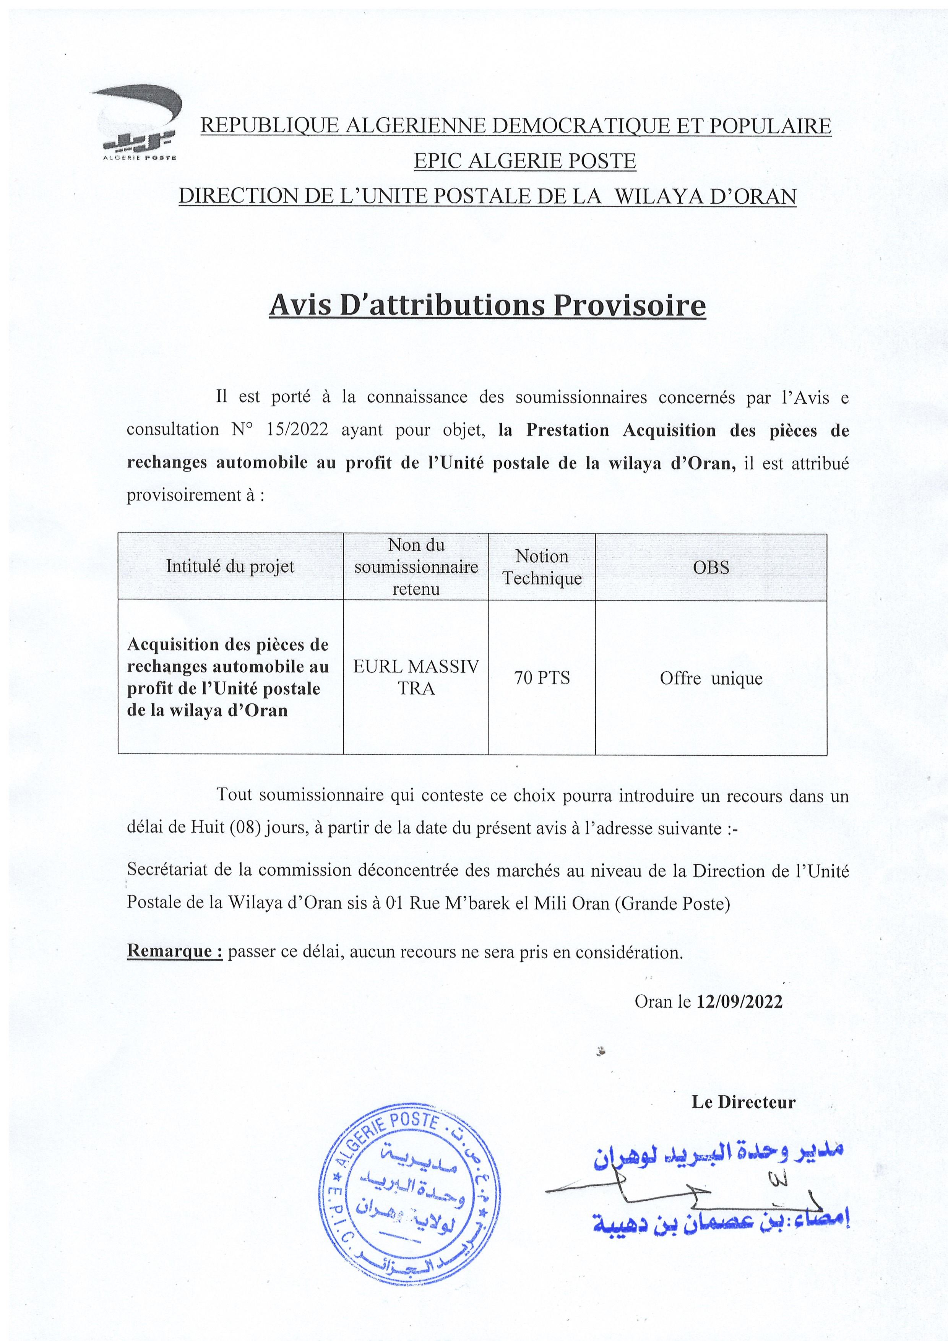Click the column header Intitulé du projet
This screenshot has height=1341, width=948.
[230, 567]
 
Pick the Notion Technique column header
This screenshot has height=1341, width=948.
[542, 567]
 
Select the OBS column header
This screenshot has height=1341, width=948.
[711, 567]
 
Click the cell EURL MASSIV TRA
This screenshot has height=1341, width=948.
[416, 677]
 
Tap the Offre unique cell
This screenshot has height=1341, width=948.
[711, 678]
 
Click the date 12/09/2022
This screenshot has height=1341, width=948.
[739, 1002]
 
